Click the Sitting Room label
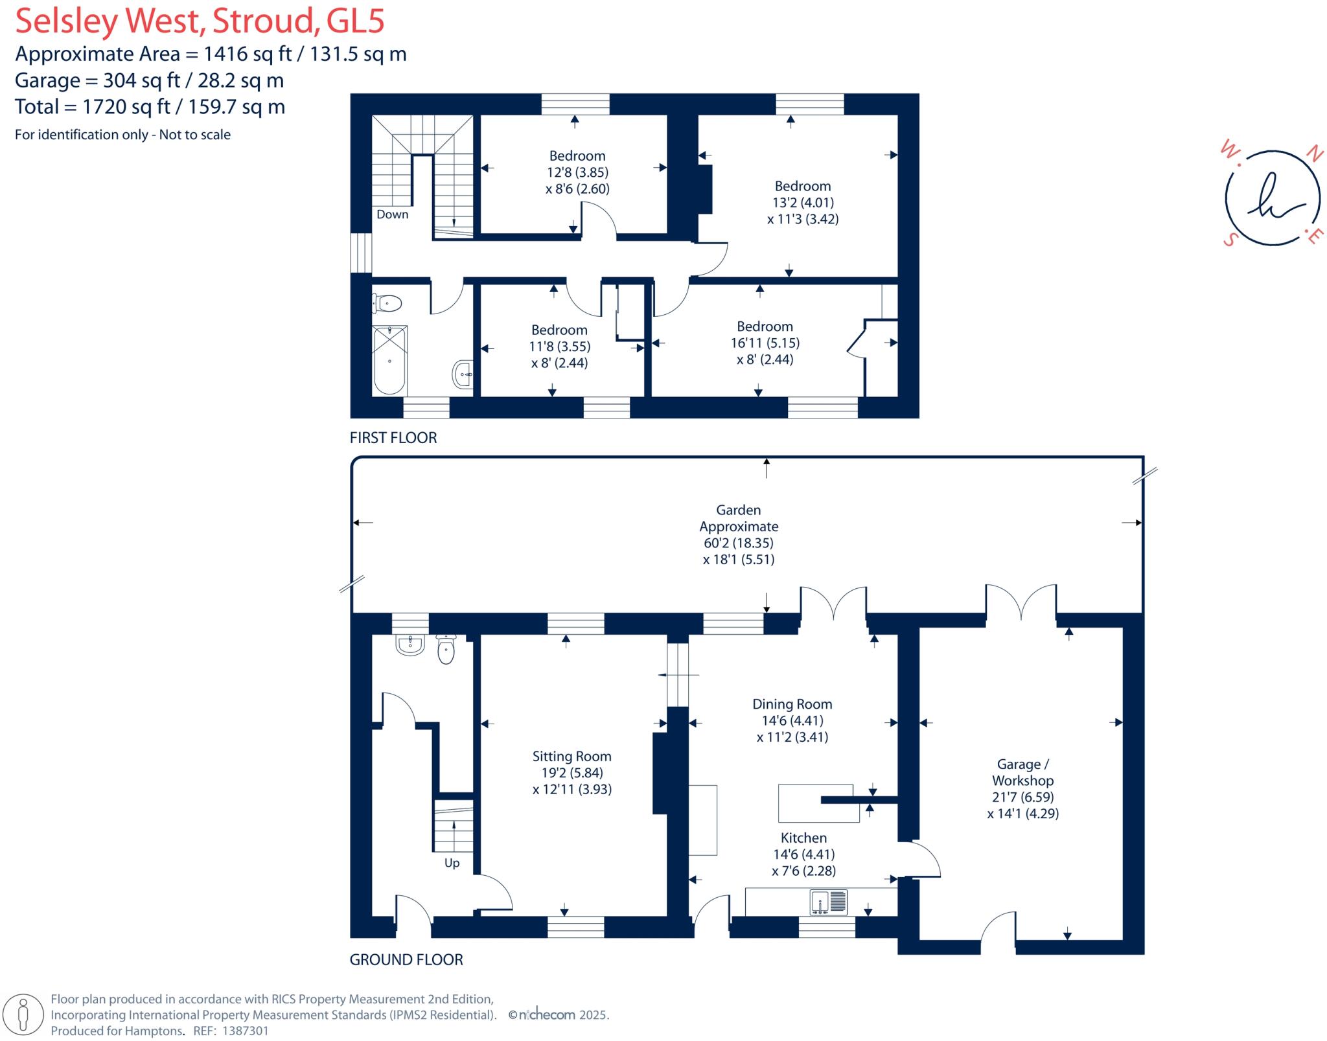571,756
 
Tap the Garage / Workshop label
1022,772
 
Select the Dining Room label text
792,704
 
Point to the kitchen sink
828,902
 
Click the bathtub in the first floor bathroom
389,360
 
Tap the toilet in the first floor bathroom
388,303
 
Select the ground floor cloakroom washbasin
410,644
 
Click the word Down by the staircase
393,214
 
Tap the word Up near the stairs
452,863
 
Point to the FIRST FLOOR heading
393,438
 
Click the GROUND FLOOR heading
406,959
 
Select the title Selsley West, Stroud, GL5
200,21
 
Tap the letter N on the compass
1314,154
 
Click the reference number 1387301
245,1031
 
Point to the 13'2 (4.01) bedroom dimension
803,203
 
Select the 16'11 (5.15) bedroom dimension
765,343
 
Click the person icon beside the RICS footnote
24,1014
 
